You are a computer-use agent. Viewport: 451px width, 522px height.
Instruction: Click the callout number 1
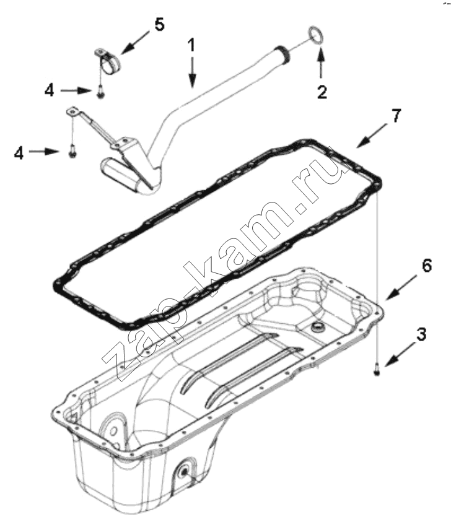tap(191, 45)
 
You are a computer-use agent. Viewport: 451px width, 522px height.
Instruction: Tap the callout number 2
tap(322, 92)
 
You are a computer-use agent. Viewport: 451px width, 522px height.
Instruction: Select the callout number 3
tap(421, 334)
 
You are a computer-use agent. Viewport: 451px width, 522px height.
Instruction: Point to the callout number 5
tap(159, 25)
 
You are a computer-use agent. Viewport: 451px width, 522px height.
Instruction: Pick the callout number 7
tap(396, 116)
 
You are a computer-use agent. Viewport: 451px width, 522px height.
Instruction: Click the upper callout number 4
tap(50, 90)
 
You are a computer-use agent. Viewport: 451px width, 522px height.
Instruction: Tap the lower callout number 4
tap(19, 153)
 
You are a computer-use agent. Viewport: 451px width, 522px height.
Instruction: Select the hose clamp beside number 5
tap(107, 62)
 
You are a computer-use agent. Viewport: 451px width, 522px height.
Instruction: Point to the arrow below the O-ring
tap(320, 63)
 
